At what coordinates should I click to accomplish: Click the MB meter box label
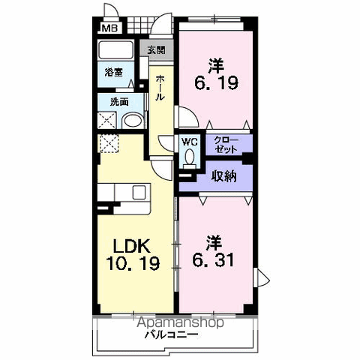[110, 28]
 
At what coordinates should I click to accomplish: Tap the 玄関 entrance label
[156, 50]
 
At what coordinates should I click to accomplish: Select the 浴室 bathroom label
[114, 73]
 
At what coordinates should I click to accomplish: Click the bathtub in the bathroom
[115, 50]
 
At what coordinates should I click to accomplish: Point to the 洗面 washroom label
[119, 102]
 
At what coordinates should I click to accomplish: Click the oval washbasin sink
[132, 121]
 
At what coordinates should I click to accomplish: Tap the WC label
[190, 142]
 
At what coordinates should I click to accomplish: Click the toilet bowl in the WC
[190, 157]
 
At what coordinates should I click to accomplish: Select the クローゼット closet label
[226, 145]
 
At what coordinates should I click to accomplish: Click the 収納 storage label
[223, 176]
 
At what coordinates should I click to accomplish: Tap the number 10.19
[133, 263]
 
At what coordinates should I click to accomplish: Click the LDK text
[132, 246]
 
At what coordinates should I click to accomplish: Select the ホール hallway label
[160, 88]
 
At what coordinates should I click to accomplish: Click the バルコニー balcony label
[171, 334]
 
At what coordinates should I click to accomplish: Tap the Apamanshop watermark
[180, 322]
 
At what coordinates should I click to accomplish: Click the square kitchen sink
[139, 193]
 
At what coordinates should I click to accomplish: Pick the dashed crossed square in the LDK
[109, 143]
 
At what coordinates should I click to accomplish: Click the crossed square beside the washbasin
[106, 121]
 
